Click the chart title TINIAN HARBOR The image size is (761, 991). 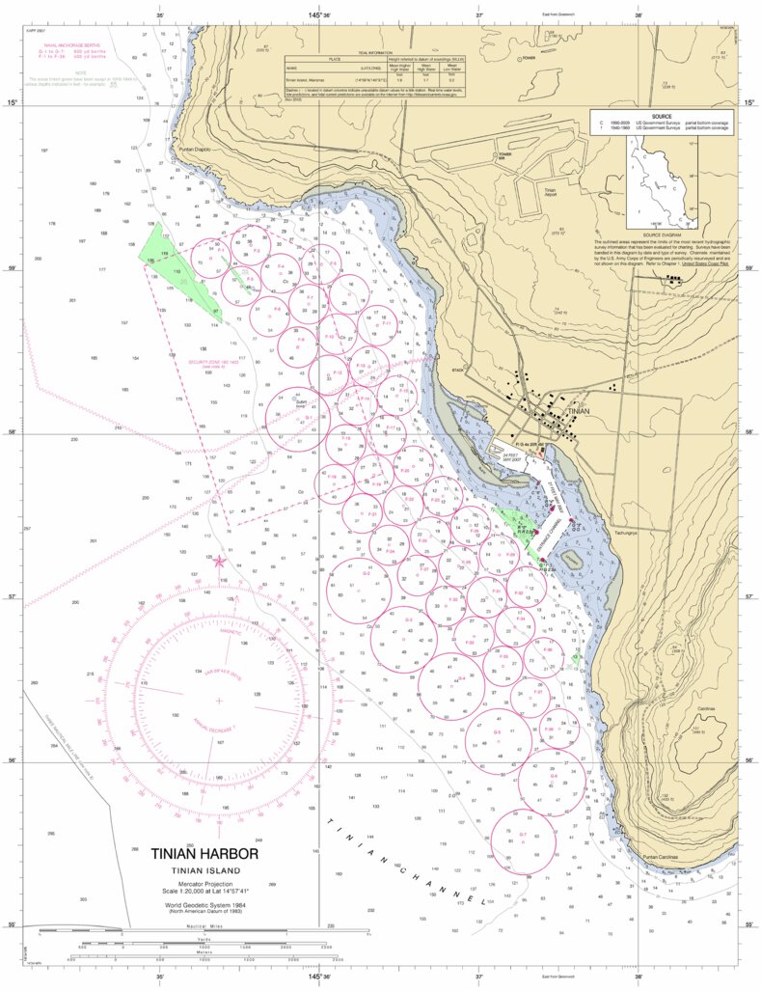204,854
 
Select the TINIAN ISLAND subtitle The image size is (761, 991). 204,871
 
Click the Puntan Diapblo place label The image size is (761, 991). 195,150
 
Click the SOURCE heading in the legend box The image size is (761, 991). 662,116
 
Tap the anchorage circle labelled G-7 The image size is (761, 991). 523,837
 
